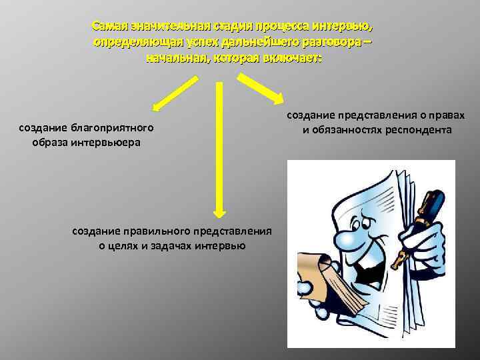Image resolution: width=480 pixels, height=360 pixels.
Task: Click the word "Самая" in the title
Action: (108, 27)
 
